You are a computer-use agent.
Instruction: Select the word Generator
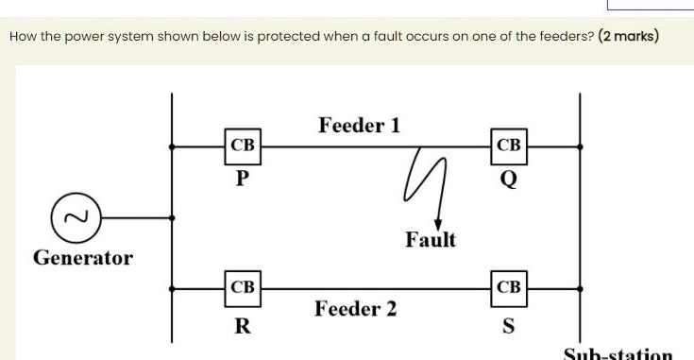coord(83,257)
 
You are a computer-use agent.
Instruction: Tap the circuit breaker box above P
coord(243,146)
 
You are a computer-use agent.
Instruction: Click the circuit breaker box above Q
coord(508,146)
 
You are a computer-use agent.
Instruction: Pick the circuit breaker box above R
coord(243,286)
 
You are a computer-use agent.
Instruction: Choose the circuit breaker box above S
coord(508,286)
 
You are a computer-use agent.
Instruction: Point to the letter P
coord(243,180)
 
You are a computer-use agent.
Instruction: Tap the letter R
coord(243,328)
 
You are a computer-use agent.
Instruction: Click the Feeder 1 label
coord(360,125)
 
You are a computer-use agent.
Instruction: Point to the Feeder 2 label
coord(356,309)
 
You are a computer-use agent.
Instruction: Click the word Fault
coord(431,240)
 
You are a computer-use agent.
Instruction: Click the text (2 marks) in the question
coord(629,38)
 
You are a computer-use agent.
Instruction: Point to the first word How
coord(22,38)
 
